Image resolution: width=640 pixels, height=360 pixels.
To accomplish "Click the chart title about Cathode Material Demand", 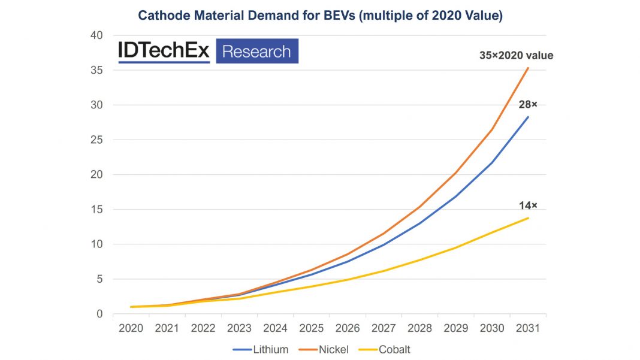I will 320,16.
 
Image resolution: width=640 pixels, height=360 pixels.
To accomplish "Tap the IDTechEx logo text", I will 164,52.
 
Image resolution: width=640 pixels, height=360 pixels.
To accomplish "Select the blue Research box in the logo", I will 256,52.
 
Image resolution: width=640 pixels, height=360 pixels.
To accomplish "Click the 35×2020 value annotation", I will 516,56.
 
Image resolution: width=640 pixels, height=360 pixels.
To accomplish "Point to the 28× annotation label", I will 528,105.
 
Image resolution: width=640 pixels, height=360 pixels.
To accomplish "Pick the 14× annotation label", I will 528,205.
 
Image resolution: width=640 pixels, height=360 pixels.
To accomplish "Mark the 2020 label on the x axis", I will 131,328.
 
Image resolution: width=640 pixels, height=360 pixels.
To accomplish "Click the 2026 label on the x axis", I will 348,328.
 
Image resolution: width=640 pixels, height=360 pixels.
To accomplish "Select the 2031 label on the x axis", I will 528,328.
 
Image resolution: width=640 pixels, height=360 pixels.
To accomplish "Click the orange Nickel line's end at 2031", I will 528,68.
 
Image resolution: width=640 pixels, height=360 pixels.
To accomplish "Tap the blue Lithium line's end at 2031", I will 528,117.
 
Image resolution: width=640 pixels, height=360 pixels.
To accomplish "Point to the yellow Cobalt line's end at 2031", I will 528,218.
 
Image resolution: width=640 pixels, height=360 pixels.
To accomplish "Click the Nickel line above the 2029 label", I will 456,173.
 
